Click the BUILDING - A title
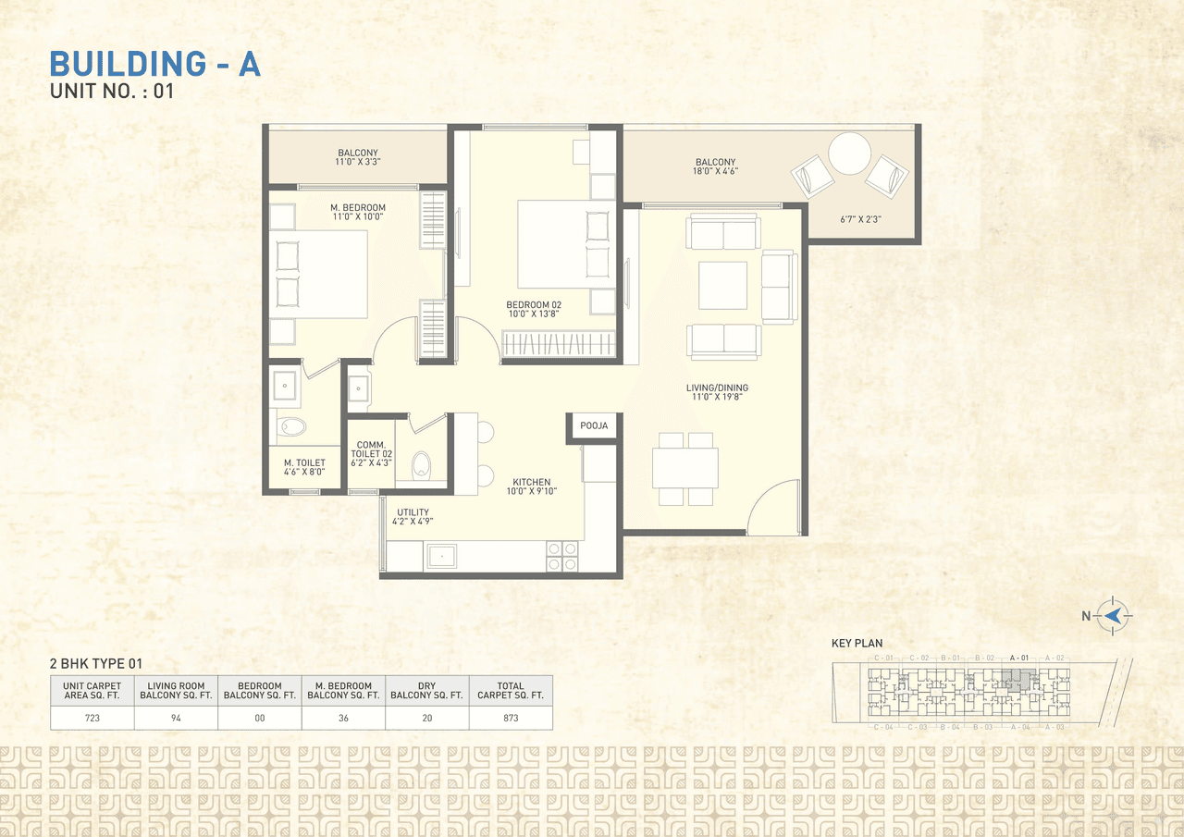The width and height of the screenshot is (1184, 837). pyautogui.click(x=154, y=64)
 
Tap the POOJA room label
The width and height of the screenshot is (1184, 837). pyautogui.click(x=594, y=426)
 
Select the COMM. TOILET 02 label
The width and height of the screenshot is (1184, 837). pyautogui.click(x=371, y=450)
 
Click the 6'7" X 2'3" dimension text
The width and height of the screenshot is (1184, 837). pyautogui.click(x=859, y=220)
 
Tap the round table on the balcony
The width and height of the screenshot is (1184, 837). pyautogui.click(x=849, y=154)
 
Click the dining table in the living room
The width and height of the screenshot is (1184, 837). pyautogui.click(x=685, y=468)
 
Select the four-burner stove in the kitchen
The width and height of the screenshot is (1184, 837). pyautogui.click(x=562, y=556)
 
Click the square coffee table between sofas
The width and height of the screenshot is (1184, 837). pyautogui.click(x=722, y=285)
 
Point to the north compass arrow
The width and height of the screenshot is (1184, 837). pyautogui.click(x=1114, y=615)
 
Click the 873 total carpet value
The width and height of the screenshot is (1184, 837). pyautogui.click(x=511, y=718)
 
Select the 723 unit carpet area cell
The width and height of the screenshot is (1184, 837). pyautogui.click(x=92, y=718)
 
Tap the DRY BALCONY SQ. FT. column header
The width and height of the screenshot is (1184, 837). pyautogui.click(x=426, y=691)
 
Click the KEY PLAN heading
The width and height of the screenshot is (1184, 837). pyautogui.click(x=857, y=643)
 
